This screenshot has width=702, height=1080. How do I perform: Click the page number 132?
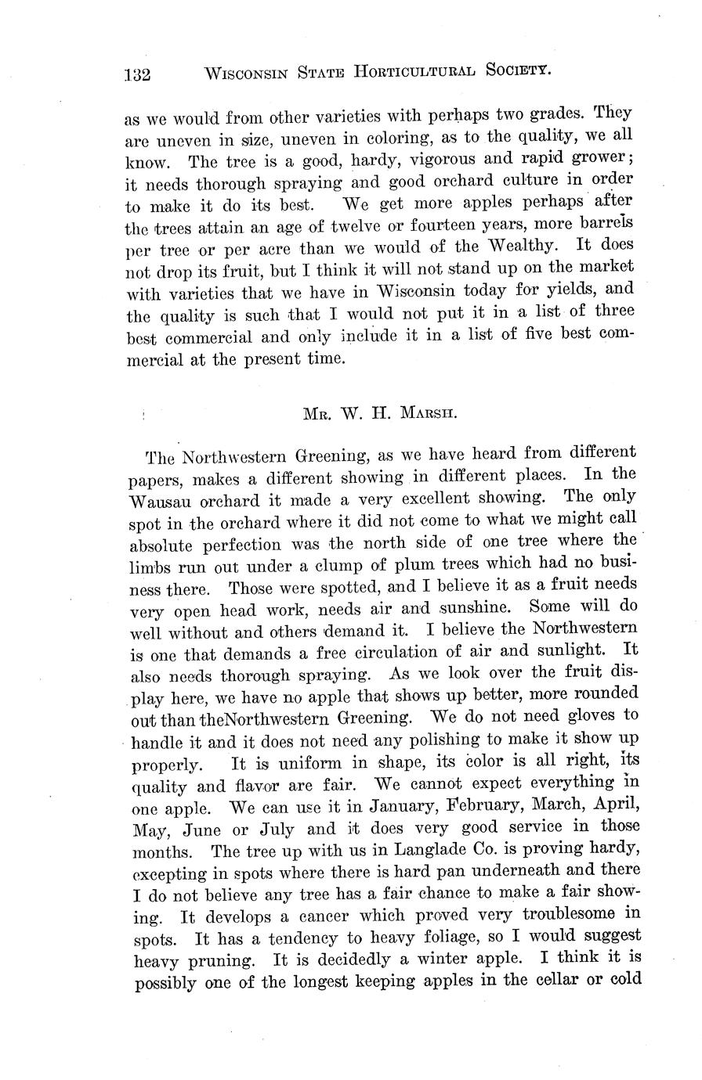[137, 76]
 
